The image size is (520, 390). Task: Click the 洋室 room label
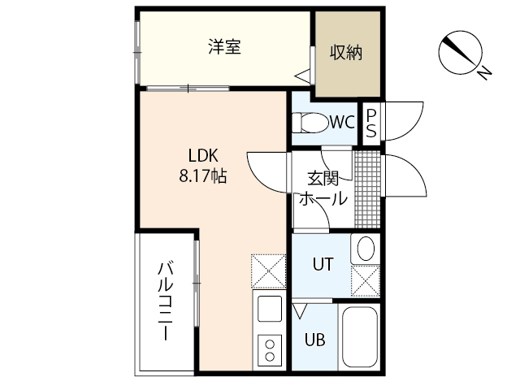tap(223, 47)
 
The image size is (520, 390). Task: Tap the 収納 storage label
tap(345, 54)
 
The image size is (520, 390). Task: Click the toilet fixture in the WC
tap(308, 123)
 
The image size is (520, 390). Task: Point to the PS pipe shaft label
tap(370, 124)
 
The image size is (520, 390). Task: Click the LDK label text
tap(203, 156)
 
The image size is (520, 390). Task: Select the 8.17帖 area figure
tap(203, 175)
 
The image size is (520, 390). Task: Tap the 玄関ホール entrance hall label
tap(323, 189)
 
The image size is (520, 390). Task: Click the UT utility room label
tap(323, 263)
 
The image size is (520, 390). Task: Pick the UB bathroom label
tap(314, 340)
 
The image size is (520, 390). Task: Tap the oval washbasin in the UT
tap(364, 248)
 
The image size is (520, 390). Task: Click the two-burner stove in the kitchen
tap(268, 352)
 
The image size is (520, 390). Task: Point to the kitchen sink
tap(268, 310)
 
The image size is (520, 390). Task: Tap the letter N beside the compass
tap(484, 73)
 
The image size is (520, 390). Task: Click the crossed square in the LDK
tap(268, 272)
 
